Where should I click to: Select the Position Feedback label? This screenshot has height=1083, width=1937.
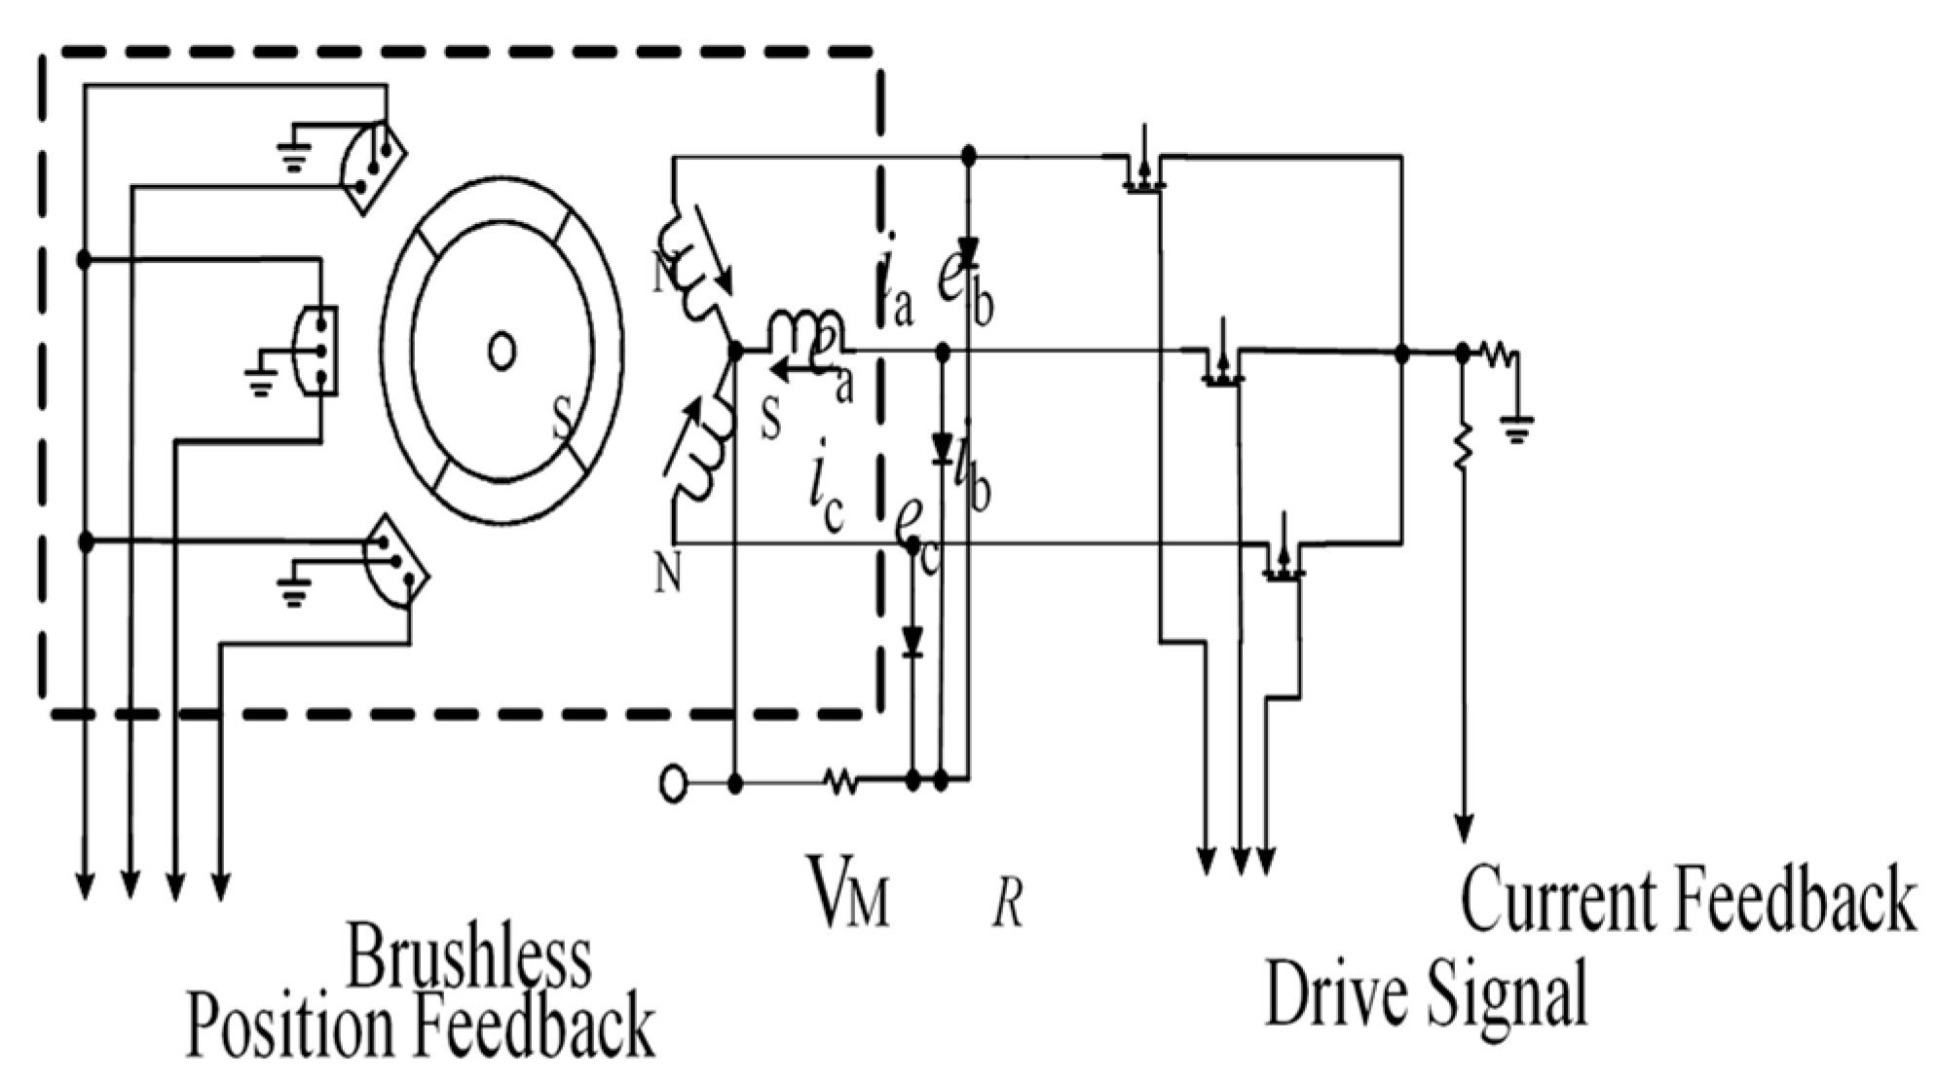(420, 1025)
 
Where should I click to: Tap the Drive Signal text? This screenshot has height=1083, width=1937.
(1426, 993)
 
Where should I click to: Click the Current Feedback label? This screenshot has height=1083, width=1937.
(1688, 900)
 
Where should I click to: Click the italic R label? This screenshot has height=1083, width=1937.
(1007, 907)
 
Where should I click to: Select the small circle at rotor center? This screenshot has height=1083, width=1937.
(502, 353)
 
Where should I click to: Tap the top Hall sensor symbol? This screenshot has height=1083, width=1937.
(371, 167)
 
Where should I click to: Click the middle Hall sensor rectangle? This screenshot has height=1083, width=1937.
(317, 352)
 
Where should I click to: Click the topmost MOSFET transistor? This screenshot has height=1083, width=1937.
(1139, 168)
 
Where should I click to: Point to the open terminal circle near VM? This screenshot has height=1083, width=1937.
(673, 782)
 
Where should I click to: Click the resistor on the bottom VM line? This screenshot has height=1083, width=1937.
(840, 781)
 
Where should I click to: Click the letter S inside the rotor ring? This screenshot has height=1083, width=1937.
(563, 423)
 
